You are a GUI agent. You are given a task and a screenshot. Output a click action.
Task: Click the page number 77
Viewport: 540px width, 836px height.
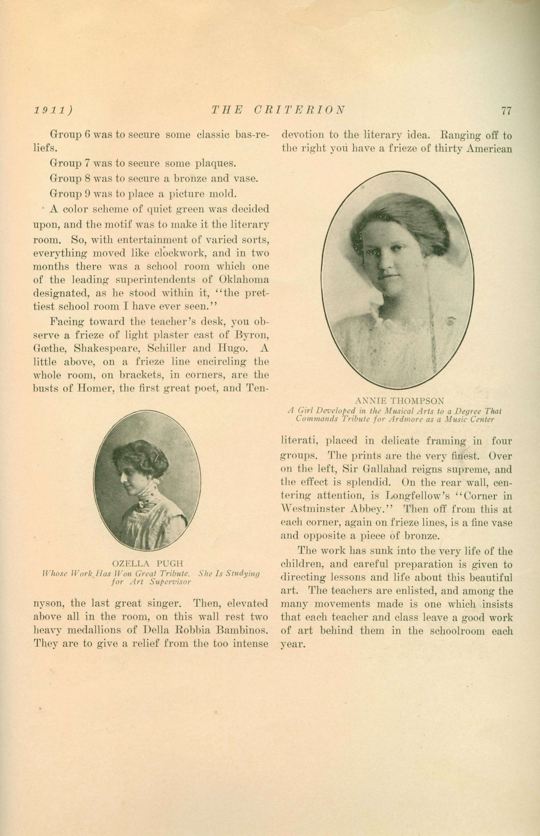point(506,111)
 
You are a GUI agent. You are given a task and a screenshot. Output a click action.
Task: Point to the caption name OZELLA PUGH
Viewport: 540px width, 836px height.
point(148,564)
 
